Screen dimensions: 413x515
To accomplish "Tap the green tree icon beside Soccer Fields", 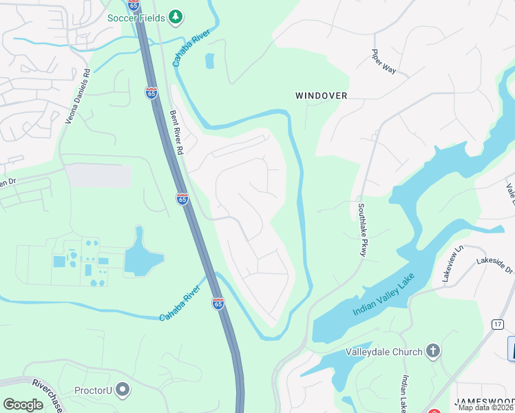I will (176, 16).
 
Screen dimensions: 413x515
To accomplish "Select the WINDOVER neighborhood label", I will (321, 96).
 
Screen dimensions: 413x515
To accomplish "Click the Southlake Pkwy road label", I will (360, 229).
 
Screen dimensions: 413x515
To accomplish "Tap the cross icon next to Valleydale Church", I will (432, 352).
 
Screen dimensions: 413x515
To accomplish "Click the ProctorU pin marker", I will (123, 390).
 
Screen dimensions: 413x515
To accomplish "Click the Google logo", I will (23, 405).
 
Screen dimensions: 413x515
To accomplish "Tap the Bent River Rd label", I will (176, 131).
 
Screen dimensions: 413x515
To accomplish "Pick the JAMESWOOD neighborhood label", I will (483, 401).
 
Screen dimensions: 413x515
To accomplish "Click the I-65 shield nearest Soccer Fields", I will (134, 5).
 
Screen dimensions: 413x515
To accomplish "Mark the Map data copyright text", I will (485, 407).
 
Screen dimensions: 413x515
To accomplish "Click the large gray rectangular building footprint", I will (100, 176).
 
